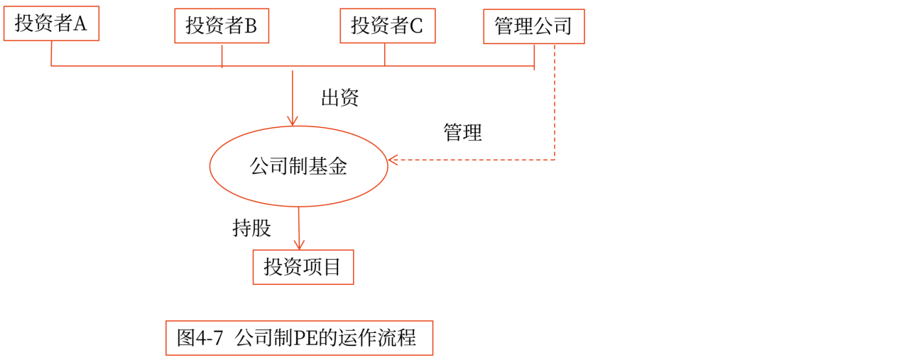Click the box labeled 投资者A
[x=51, y=23]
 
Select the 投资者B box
[x=222, y=26]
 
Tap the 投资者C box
[x=387, y=26]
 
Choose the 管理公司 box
[x=533, y=27]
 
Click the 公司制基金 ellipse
[x=298, y=166]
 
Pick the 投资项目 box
[x=303, y=267]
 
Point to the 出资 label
[x=339, y=98]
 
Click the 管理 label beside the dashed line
[x=462, y=132]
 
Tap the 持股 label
[x=251, y=228]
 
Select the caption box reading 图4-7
[x=299, y=338]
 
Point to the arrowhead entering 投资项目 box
[x=299, y=245]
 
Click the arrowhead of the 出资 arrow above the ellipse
[x=292, y=121]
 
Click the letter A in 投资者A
[x=80, y=24]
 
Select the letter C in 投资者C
[x=416, y=26]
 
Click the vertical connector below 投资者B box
[x=222, y=55]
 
